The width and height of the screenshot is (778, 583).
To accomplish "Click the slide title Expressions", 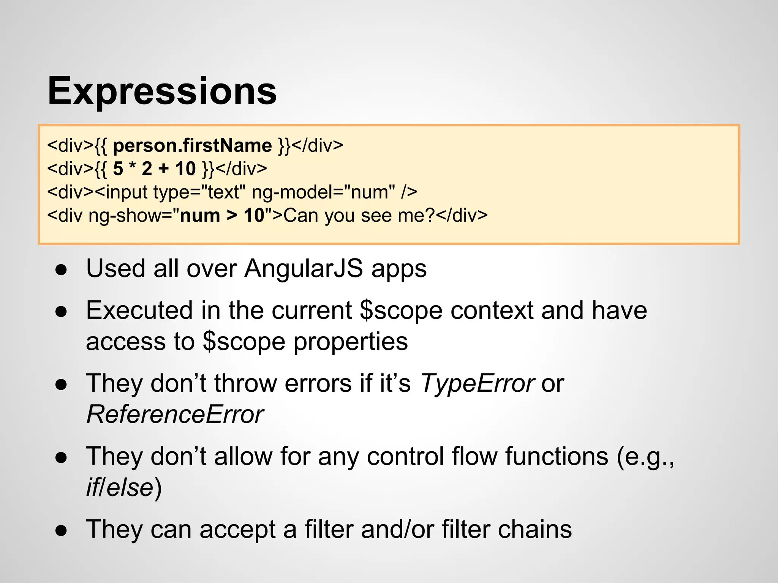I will pos(162,91).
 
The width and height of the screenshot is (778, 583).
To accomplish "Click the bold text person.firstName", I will pos(192,146).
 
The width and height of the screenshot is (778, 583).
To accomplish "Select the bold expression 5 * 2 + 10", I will pos(154,169).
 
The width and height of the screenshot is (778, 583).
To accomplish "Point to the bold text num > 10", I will pos(222,216).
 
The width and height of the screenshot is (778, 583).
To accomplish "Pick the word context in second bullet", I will pos(492,310).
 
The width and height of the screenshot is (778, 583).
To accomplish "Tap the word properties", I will pos(351,342).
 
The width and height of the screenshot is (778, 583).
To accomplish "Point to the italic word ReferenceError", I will pos(175,414).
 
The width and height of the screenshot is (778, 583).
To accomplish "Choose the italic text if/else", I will pos(120,488).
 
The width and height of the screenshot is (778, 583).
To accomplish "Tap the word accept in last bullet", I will pos(237,529).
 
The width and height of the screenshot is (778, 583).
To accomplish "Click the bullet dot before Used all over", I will pos(61,270).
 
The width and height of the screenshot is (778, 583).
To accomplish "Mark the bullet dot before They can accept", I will pos(61,531).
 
